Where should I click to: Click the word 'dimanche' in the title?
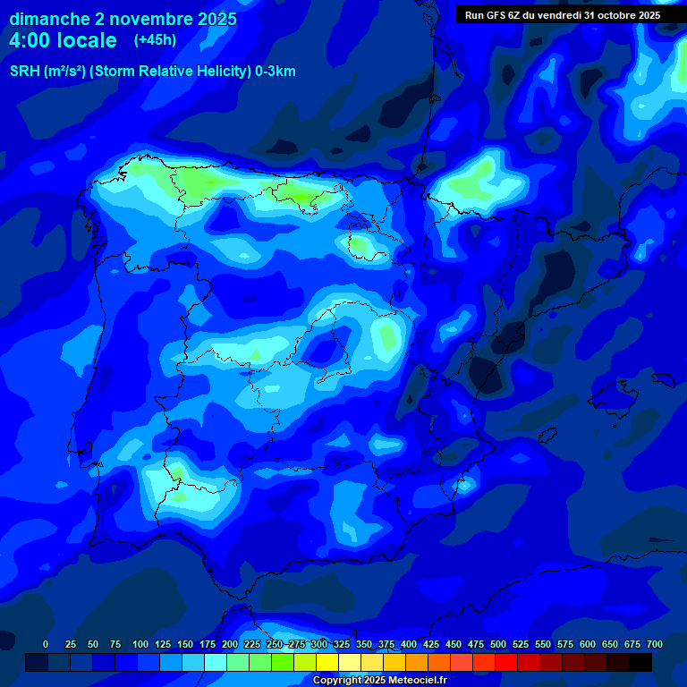click(x=49, y=19)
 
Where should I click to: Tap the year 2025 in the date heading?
click(x=211, y=19)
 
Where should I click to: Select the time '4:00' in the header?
click(x=34, y=40)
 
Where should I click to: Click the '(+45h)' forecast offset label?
click(x=155, y=39)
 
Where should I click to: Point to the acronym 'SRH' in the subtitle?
click(x=25, y=72)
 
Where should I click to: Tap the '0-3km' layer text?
click(x=276, y=72)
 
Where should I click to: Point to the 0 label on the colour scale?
click(x=46, y=644)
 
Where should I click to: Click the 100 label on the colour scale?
click(x=140, y=644)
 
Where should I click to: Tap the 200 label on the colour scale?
click(x=230, y=644)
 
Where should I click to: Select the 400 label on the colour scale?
click(x=409, y=644)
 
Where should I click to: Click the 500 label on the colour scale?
click(x=498, y=644)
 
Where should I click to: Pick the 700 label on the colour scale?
click(x=655, y=644)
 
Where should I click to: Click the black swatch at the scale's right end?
click(x=640, y=662)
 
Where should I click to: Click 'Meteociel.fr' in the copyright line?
click(x=415, y=681)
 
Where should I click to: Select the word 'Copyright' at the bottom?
click(x=338, y=681)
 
